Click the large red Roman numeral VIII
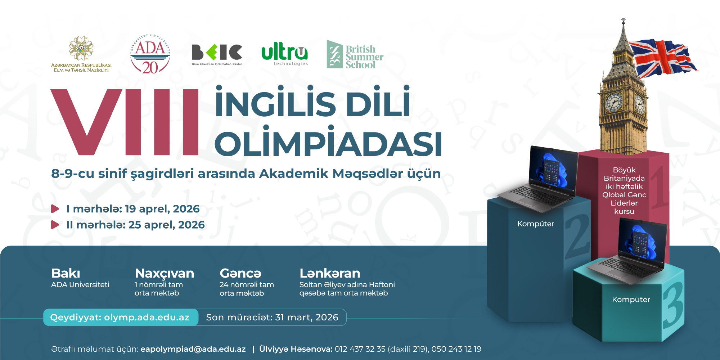tap(125, 122)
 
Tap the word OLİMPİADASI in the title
tap(328, 144)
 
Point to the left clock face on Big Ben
tap(613, 102)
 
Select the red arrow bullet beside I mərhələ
tap(55, 209)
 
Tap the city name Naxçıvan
tap(164, 273)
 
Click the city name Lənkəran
tap(330, 273)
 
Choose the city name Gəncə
tap(240, 273)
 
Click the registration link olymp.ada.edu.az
tap(147, 317)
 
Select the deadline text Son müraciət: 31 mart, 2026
tap(272, 317)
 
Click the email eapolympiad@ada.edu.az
tap(193, 349)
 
